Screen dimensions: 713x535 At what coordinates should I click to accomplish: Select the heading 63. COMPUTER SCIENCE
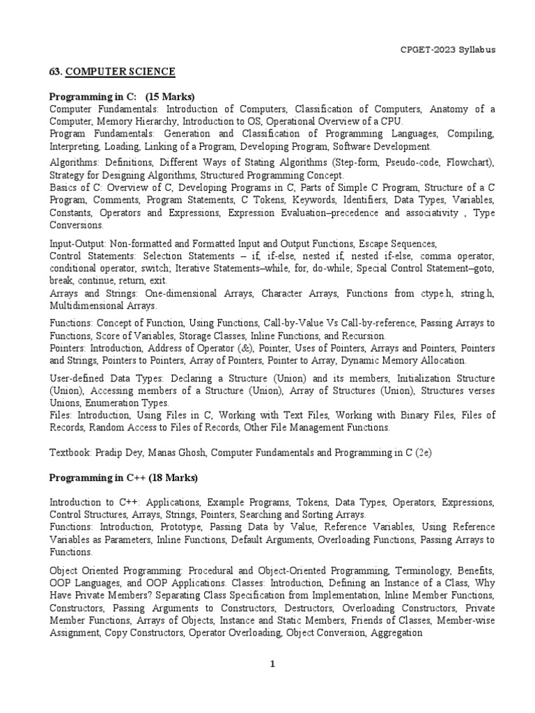[112, 72]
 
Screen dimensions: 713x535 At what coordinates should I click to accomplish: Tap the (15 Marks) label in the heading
[170, 96]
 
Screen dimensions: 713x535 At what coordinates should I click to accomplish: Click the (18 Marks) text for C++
[173, 478]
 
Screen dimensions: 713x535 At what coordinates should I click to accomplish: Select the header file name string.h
[476, 294]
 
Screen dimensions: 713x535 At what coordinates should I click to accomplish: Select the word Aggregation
[397, 633]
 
